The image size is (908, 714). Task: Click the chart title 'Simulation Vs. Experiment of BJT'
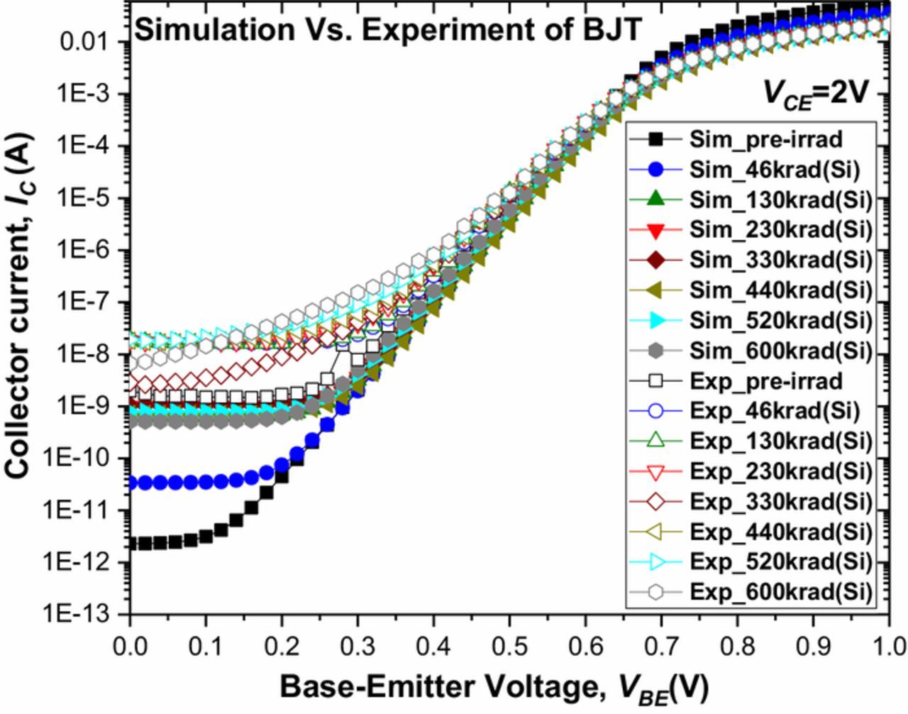[388, 31]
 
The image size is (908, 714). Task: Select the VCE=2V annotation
[815, 92]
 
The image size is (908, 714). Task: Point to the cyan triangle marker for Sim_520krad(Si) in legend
[655, 321]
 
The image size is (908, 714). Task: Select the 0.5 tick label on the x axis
[509, 647]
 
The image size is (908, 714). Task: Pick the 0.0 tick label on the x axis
[130, 647]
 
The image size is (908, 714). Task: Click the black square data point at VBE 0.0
[131, 544]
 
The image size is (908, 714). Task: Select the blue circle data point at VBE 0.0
[131, 483]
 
